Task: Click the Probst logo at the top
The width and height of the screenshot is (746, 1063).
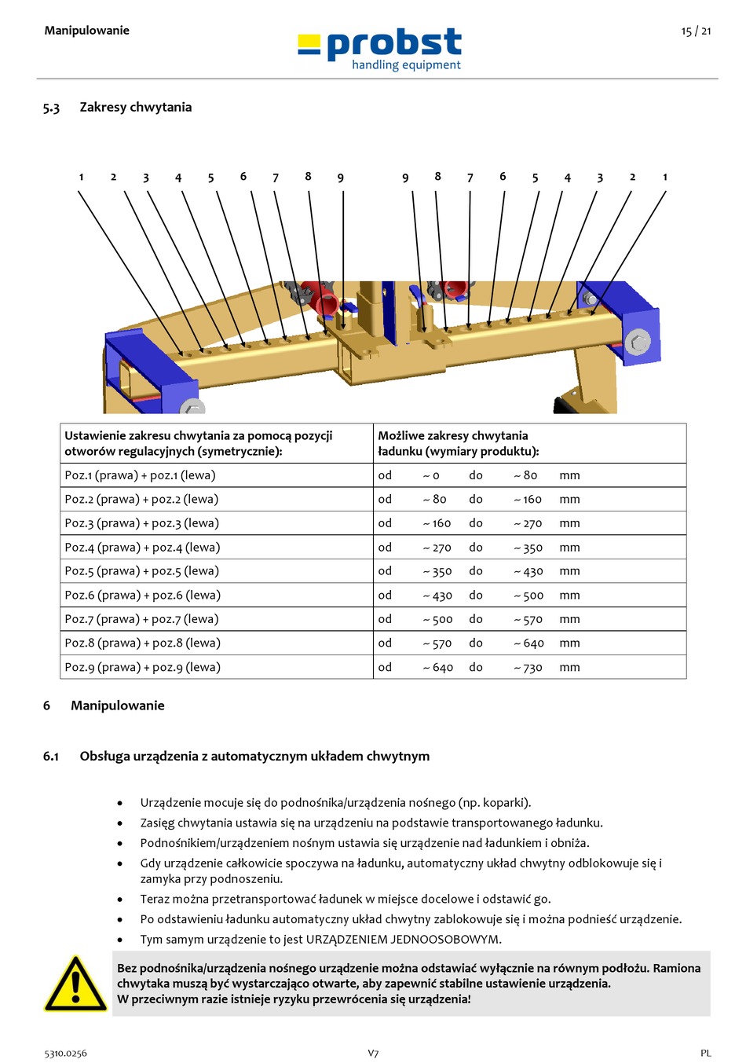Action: click(x=380, y=49)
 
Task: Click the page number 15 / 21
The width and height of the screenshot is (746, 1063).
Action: click(x=696, y=31)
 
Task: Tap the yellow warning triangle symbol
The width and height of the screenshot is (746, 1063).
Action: click(x=75, y=984)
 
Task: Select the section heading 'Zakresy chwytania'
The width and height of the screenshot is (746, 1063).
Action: click(x=135, y=107)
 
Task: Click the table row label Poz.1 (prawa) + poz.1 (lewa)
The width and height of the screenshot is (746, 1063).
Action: click(x=140, y=475)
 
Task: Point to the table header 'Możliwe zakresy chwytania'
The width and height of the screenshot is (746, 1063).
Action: click(x=453, y=435)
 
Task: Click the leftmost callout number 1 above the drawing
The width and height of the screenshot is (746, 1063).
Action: click(x=81, y=178)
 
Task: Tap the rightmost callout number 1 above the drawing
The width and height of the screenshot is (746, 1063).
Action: click(x=664, y=178)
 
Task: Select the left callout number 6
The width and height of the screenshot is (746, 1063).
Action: click(x=243, y=177)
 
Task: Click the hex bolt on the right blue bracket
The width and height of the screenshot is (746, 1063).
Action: click(x=638, y=343)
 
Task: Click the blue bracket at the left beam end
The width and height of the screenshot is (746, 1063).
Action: click(x=149, y=369)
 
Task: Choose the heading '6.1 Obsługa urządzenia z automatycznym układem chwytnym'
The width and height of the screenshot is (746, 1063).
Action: click(x=236, y=756)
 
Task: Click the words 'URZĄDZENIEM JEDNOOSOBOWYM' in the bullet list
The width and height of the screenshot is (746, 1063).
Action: click(x=402, y=939)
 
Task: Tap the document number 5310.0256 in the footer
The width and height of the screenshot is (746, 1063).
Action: click(x=65, y=1054)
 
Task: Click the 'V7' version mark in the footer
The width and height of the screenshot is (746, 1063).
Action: click(x=373, y=1054)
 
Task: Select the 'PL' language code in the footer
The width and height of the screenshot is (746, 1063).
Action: click(x=705, y=1054)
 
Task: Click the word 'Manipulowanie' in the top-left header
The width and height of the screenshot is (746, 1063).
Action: click(x=86, y=31)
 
